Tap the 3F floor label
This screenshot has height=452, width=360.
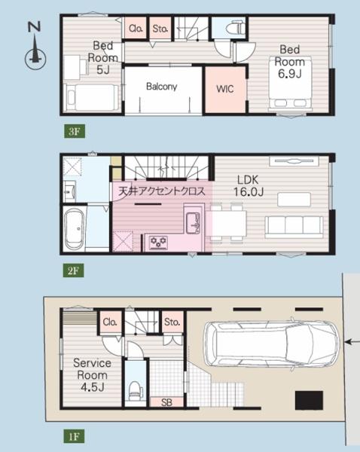[x=75, y=131]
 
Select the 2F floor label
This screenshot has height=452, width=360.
[x=74, y=270]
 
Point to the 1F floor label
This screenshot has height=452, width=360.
[x=74, y=436]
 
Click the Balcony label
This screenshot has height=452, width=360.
[x=161, y=86]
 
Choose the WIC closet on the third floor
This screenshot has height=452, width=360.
[x=225, y=90]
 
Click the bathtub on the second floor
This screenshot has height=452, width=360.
[x=74, y=228]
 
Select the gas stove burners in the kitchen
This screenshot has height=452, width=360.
[x=158, y=242]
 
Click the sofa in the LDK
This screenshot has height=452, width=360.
[x=294, y=228]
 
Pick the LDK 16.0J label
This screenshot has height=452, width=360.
[x=249, y=185]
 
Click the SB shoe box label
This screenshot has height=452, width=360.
[x=166, y=402]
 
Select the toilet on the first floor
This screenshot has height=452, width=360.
[x=135, y=390]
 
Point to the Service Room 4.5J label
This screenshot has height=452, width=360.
[x=92, y=374]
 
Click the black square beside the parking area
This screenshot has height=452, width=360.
[x=309, y=400]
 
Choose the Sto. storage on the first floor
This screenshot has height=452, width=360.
[x=172, y=322]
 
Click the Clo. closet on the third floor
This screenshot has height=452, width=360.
[x=136, y=29]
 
